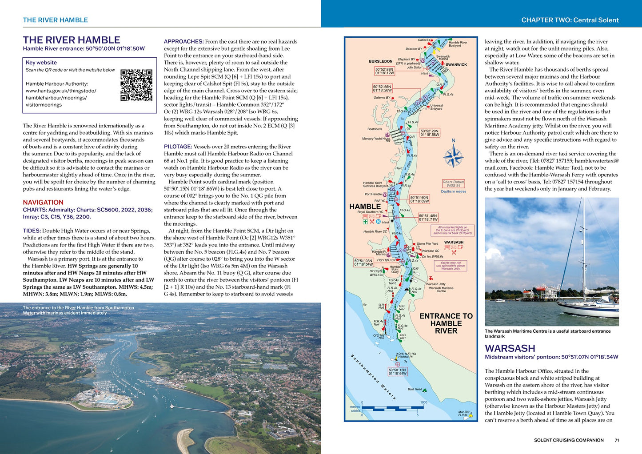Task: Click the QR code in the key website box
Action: coord(136,85)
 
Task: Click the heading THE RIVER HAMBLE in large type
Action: coord(72,40)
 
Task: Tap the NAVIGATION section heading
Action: coord(43,202)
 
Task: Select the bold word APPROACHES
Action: coord(183,41)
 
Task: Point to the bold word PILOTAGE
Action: coord(178,147)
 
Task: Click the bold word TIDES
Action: coord(32,231)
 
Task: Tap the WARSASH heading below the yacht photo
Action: coord(510,348)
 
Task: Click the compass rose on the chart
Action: coord(453,156)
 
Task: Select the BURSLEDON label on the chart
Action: coord(380,61)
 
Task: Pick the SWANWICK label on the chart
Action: coord(456,65)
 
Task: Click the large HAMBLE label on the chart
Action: coord(365,207)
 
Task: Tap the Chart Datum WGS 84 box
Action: coord(453,183)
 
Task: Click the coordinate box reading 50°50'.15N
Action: coord(397,371)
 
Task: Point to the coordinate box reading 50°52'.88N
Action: coord(384,71)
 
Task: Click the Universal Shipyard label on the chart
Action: coord(436,107)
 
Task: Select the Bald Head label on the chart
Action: coord(415,389)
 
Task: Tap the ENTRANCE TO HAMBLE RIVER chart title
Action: coord(446,323)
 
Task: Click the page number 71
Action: coord(617,440)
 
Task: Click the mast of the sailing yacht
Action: coord(583,249)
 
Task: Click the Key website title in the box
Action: coord(41,63)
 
